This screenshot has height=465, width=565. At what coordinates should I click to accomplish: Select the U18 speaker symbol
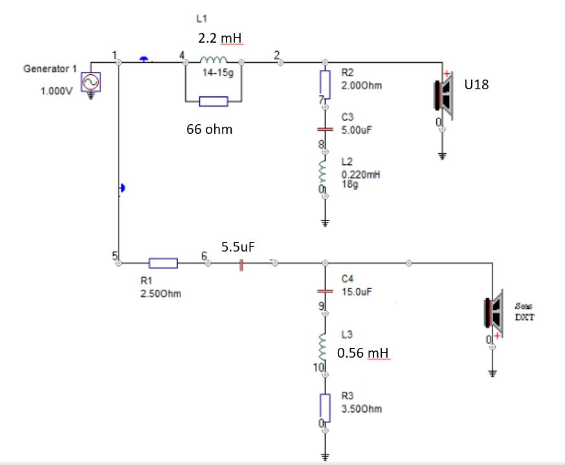(x=445, y=94)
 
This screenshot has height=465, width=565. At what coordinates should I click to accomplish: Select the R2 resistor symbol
(x=325, y=82)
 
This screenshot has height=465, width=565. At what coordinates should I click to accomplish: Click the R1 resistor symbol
(x=163, y=263)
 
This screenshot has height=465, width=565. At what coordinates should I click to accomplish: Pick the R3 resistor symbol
(x=325, y=405)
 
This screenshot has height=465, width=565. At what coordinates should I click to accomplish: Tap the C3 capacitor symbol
(x=325, y=129)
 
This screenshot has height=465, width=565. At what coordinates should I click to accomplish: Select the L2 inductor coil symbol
(x=325, y=173)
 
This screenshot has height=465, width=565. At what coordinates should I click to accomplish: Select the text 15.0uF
(x=357, y=292)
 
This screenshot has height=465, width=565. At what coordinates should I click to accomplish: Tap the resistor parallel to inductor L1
(x=213, y=101)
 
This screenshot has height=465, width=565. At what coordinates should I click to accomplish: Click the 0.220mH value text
(x=359, y=175)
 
